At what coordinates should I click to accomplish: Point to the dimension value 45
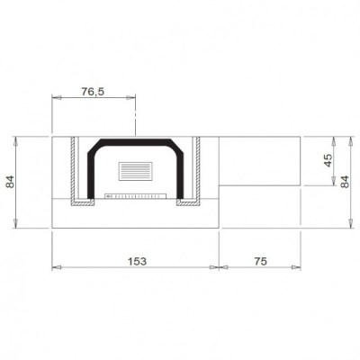(x=328, y=160)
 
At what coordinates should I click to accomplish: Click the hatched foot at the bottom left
(x=82, y=204)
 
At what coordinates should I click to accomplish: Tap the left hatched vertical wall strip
(x=72, y=171)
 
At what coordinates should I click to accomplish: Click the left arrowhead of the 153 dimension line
(x=56, y=267)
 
